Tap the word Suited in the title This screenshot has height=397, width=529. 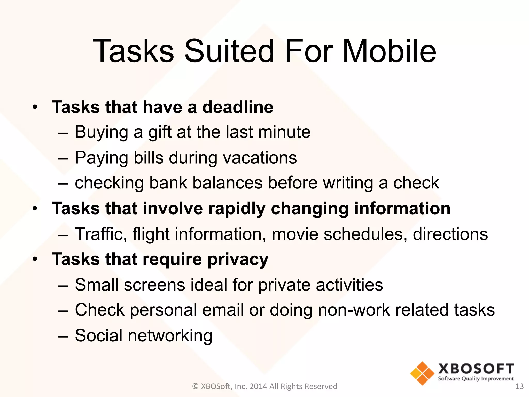click(229, 51)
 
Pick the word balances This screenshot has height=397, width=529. click(227, 183)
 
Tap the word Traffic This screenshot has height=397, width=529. click(101, 234)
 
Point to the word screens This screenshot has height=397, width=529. click(154, 285)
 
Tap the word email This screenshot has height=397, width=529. click(223, 310)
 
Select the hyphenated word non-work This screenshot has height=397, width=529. click(354, 310)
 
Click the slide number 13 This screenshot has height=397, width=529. click(519, 386)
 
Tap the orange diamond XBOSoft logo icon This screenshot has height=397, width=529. click(422, 373)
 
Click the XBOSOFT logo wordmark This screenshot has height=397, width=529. click(476, 369)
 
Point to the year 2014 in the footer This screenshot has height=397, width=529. click(258, 386)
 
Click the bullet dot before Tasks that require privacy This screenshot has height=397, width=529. click(35, 259)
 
